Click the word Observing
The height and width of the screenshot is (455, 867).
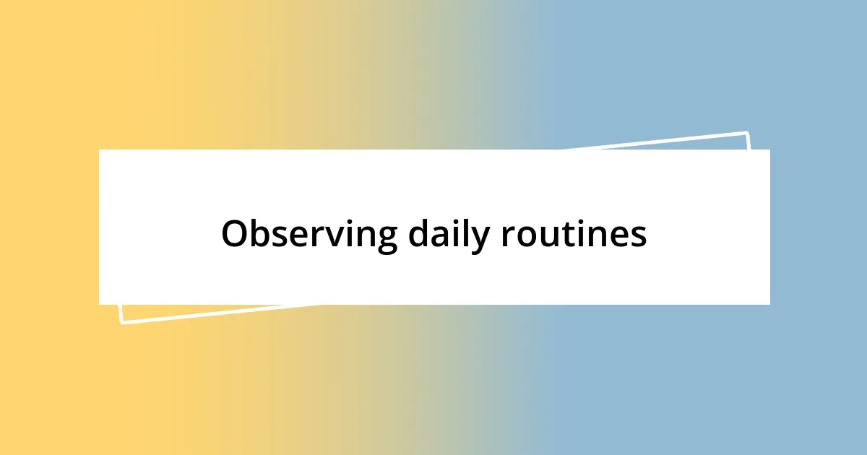click(x=309, y=235)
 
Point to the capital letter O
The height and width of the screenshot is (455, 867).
click(x=236, y=235)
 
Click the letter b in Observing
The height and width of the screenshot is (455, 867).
click(x=262, y=234)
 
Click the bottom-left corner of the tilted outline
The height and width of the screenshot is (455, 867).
click(x=121, y=322)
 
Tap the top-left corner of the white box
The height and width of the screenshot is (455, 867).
click(x=100, y=150)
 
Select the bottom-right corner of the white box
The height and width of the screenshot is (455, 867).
click(x=769, y=304)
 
